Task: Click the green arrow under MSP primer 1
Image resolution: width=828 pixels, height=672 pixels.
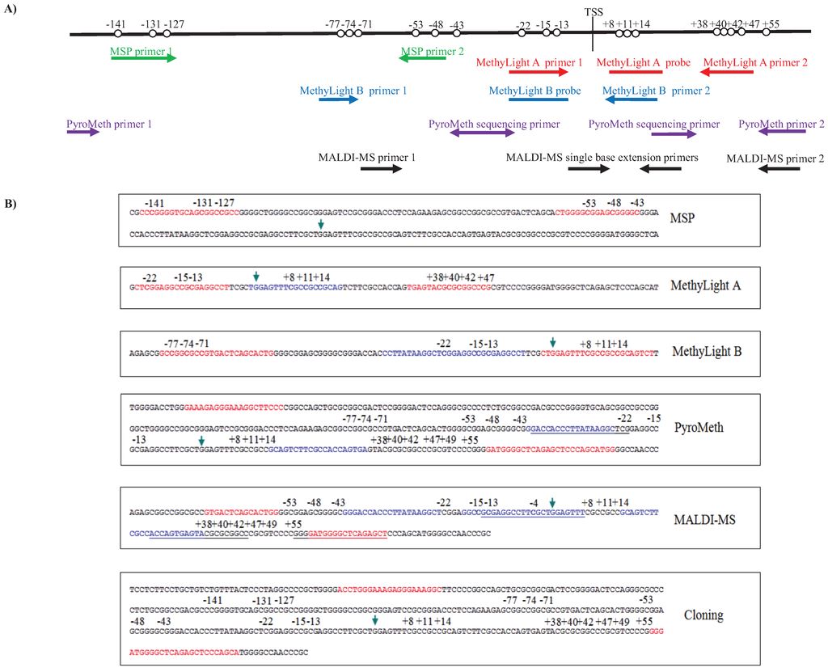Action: tap(143, 58)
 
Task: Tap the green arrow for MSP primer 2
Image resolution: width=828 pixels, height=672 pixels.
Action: tap(422, 58)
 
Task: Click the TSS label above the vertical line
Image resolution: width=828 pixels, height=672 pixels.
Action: tap(593, 12)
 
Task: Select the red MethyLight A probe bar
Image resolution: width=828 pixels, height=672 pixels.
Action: tap(636, 71)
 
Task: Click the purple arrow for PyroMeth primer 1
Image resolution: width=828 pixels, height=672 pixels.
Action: tap(83, 131)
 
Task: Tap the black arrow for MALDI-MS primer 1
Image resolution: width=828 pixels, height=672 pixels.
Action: tap(387, 168)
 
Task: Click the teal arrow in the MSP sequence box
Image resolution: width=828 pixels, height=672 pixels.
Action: tap(322, 223)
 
